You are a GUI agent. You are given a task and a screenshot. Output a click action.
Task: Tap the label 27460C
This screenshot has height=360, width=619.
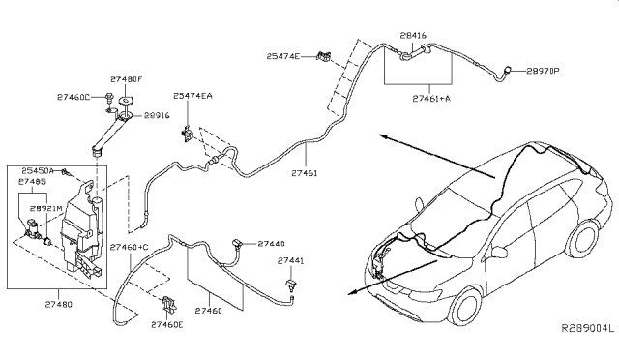coord(74,98)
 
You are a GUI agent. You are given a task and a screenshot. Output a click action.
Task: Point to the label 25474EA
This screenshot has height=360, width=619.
coord(194,97)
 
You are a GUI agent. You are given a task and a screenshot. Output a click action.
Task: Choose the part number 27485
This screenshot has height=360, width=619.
coord(34,181)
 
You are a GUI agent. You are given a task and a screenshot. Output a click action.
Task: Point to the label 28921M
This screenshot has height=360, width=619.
coord(46,208)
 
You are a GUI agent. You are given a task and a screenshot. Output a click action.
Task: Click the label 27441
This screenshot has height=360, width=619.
coord(291,261)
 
